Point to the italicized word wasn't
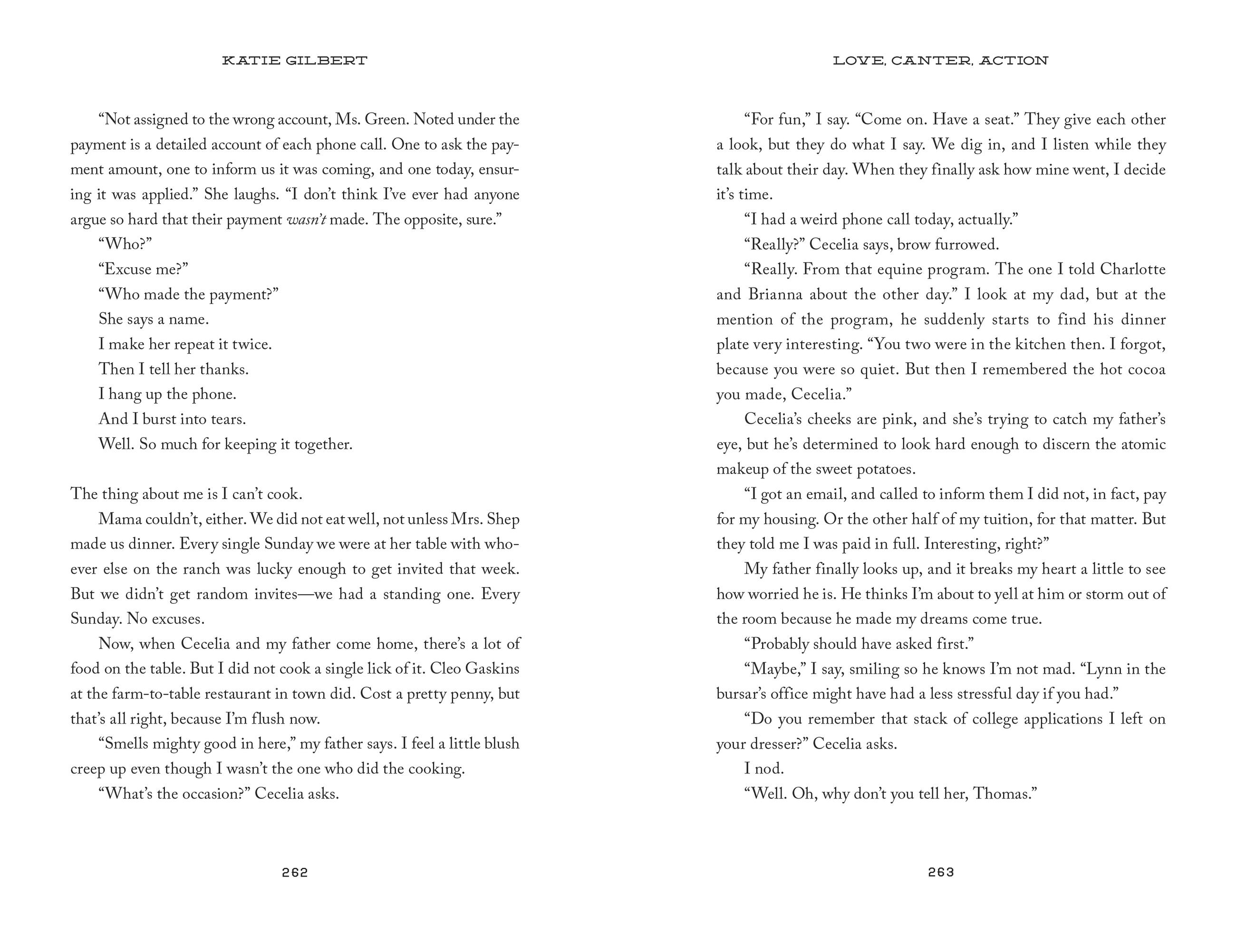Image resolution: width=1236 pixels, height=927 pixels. pyautogui.click(x=306, y=220)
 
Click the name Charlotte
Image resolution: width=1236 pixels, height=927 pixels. pyautogui.click(x=1133, y=270)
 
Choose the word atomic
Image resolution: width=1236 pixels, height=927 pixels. pyautogui.click(x=1143, y=444)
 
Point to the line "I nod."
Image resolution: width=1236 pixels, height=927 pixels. pyautogui.click(x=764, y=769)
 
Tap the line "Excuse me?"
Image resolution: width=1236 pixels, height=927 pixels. pyautogui.click(x=143, y=270)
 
